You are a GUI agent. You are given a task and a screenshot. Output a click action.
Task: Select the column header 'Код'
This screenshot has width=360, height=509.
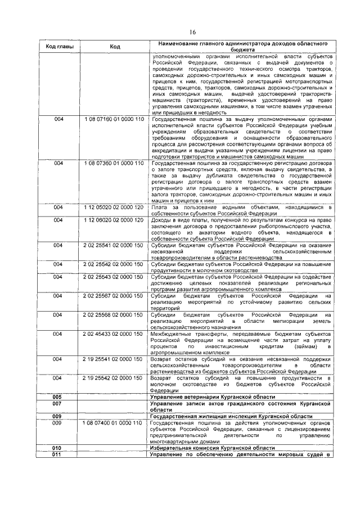[x=115, y=47]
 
